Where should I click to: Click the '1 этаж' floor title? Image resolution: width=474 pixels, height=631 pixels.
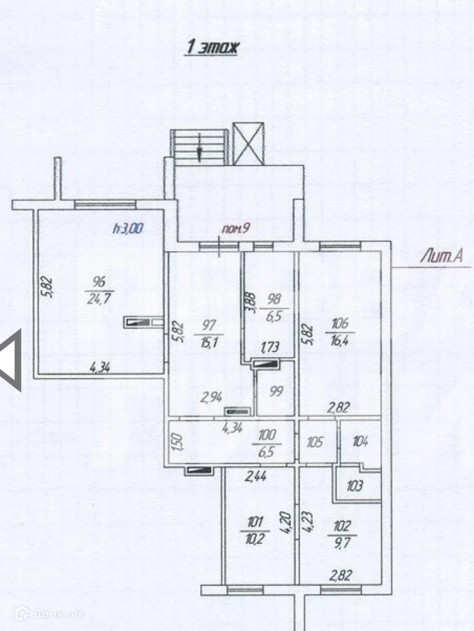pyautogui.click(x=211, y=47)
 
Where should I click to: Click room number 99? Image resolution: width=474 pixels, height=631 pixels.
pyautogui.click(x=275, y=391)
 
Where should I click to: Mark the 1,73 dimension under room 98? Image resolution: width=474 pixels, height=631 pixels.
pyautogui.click(x=269, y=347)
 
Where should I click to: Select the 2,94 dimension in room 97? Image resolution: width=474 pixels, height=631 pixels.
pyautogui.click(x=211, y=397)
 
